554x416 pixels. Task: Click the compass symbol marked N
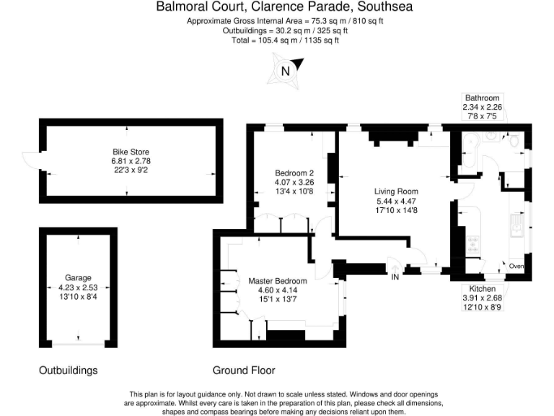coord(286,70)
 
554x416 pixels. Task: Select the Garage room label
coord(78,277)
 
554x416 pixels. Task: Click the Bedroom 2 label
coord(294,173)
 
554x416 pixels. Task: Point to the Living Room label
coord(396,191)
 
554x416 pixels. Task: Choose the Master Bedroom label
coord(278,281)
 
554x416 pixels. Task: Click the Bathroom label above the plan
coord(482,98)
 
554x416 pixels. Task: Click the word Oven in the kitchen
coord(516,266)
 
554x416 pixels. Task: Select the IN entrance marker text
coord(395,277)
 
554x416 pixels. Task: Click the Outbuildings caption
coord(68,370)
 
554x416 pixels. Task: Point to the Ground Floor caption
coord(244,370)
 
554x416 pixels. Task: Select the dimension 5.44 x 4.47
coord(396,201)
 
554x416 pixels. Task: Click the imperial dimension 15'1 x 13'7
coord(278,299)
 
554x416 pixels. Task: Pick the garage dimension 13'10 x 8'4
coord(78,295)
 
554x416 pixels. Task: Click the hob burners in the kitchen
coord(474,244)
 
